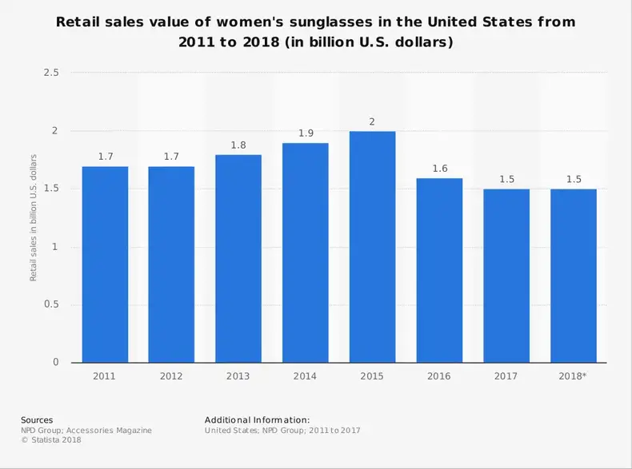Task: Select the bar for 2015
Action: [x=372, y=247]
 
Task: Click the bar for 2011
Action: [x=105, y=264]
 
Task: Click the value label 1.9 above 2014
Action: [x=306, y=133]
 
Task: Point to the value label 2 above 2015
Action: [x=372, y=121]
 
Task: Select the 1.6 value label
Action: [x=439, y=169]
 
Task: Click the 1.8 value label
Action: [x=238, y=145]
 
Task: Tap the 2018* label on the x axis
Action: [x=574, y=376]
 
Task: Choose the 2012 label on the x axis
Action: [x=172, y=376]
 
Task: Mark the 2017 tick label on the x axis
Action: [x=506, y=376]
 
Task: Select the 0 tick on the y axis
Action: [x=56, y=363]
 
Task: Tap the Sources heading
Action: [x=37, y=419]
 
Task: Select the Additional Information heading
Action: [x=257, y=419]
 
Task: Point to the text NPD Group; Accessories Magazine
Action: [x=86, y=430]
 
